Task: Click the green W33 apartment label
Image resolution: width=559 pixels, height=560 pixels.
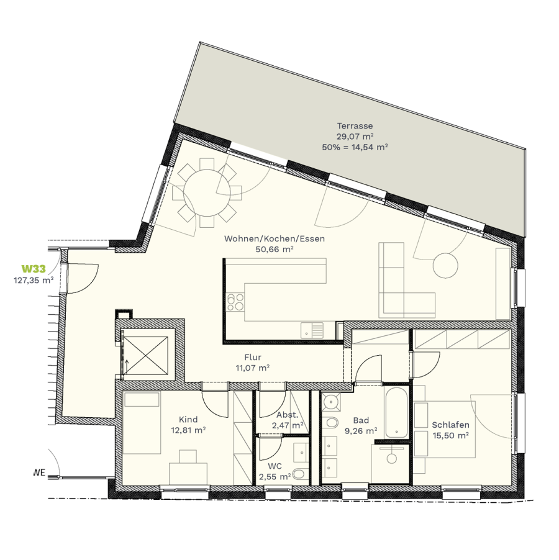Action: [x=34, y=269]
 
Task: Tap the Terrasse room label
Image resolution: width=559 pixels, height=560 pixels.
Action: [x=355, y=125]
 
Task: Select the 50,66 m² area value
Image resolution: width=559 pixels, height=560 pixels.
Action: [x=275, y=250]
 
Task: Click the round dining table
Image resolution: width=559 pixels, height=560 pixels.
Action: [x=207, y=193]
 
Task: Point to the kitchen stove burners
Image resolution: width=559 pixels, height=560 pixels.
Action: [x=235, y=302]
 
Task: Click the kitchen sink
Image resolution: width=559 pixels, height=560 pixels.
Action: [x=312, y=330]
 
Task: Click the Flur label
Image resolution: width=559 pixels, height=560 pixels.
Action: [x=253, y=357]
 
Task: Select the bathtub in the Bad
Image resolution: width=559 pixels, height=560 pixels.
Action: [x=396, y=412]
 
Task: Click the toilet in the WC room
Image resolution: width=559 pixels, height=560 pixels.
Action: [x=300, y=474]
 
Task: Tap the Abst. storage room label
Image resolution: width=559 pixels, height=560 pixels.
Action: [x=287, y=415]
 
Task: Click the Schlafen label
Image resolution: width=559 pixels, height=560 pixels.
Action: [x=450, y=425]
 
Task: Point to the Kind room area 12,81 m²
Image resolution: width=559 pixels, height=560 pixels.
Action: [x=188, y=430]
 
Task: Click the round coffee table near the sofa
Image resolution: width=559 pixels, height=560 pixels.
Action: [x=445, y=265]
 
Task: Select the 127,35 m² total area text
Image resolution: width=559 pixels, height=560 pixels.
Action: [x=34, y=281]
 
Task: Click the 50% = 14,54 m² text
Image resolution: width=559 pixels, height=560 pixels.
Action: [x=355, y=147]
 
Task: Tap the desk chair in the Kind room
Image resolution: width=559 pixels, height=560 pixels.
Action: [x=188, y=456]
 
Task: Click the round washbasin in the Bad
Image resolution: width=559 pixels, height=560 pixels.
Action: [x=332, y=402]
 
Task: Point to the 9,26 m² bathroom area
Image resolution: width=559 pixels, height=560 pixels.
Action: [x=361, y=431]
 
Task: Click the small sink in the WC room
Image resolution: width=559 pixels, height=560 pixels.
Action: [x=301, y=453]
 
